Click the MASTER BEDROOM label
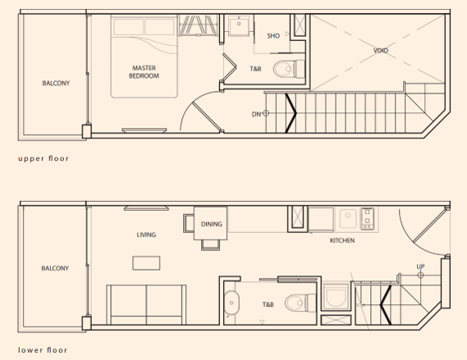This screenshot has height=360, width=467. [144, 72]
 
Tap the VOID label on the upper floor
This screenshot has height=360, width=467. [381, 51]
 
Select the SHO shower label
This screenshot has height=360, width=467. [273, 36]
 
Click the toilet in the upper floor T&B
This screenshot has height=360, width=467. [289, 69]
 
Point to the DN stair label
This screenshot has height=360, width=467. [256, 114]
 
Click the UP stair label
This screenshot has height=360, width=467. [420, 267]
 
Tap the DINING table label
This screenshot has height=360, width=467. [212, 224]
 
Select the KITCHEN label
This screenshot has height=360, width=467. [342, 240]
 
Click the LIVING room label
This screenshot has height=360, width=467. [146, 235]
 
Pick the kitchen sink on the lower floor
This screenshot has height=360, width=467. [348, 219]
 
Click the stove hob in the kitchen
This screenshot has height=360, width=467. [368, 219]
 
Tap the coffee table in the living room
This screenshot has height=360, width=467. [146, 263]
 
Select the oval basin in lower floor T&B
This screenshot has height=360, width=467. [231, 303]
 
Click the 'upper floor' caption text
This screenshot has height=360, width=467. [43, 158]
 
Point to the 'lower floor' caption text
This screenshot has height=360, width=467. [43, 350]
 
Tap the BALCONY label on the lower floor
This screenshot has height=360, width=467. [55, 268]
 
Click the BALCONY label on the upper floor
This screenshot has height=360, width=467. [56, 84]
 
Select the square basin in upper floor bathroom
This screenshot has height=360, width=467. [239, 25]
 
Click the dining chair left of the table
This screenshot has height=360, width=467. [189, 223]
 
